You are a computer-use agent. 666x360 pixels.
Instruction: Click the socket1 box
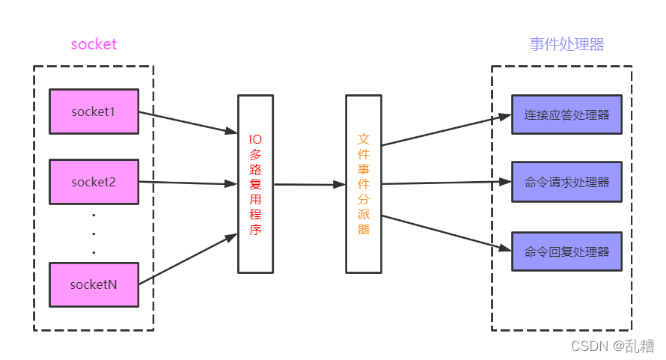click(94, 112)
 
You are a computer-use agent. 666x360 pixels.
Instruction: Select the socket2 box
click(94, 182)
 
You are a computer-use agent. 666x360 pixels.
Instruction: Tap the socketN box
click(94, 284)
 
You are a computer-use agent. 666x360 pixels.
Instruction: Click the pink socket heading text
click(94, 44)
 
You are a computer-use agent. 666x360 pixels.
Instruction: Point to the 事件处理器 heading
click(566, 44)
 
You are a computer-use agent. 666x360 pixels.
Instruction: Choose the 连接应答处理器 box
click(566, 115)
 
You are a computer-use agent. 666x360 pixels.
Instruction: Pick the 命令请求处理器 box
click(566, 182)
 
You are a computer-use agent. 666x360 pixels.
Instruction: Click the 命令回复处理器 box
click(566, 251)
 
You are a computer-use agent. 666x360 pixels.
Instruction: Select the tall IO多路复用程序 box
click(255, 184)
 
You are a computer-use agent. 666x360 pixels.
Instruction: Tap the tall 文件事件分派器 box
click(364, 184)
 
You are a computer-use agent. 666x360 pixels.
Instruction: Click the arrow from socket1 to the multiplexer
click(188, 123)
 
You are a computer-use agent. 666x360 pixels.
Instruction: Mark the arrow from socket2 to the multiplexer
click(188, 183)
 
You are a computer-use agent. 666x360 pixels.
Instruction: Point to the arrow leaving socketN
click(188, 259)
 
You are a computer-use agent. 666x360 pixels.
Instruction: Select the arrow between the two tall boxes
click(310, 184)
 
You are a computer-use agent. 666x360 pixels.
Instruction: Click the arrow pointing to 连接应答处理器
click(447, 130)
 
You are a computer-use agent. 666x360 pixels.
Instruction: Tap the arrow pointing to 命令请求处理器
click(447, 183)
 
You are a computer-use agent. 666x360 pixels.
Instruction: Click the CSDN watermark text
click(612, 346)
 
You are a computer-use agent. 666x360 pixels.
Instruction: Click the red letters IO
click(255, 139)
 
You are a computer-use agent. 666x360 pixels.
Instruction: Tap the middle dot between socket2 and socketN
click(94, 234)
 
